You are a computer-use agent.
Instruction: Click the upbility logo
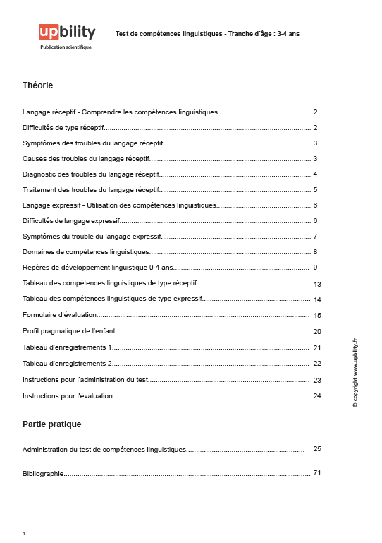(x=67, y=32)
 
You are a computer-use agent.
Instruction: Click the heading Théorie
(x=38, y=85)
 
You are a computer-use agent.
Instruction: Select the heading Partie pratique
(x=51, y=424)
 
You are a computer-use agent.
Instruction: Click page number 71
(x=317, y=472)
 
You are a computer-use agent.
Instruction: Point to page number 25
(x=317, y=448)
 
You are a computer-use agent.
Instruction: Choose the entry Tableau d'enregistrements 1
(x=67, y=347)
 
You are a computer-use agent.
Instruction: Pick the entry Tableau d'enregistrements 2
(x=67, y=363)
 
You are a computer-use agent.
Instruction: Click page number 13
(x=317, y=284)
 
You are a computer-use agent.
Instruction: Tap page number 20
(x=317, y=331)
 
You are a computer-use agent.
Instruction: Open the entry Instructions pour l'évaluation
(x=68, y=396)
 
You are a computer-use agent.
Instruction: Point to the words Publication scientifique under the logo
(x=66, y=47)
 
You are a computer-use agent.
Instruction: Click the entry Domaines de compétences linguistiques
(x=86, y=252)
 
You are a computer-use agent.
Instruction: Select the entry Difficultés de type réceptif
(x=63, y=128)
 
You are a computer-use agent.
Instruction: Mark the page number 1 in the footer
(x=24, y=533)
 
